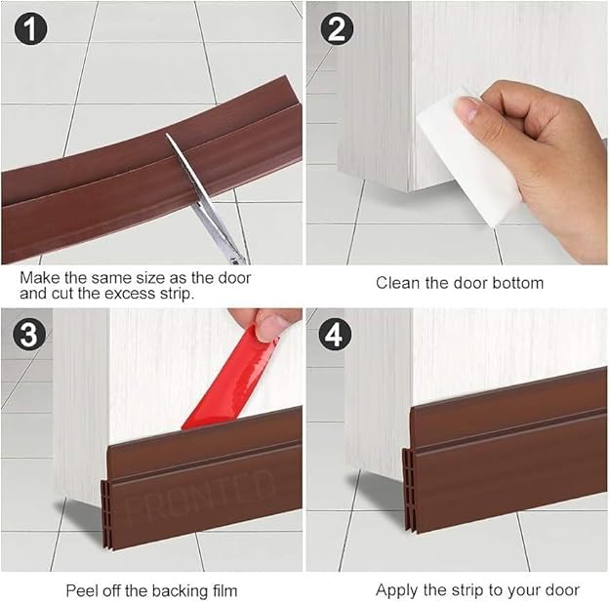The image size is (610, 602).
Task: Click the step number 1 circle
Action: tap(30, 28)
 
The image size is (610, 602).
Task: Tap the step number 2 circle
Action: tap(337, 28)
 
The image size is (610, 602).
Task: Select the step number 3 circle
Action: tap(28, 335)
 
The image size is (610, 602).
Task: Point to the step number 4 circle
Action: tap(335, 335)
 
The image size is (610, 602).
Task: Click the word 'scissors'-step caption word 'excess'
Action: tap(131, 294)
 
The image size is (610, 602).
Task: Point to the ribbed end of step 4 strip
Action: tap(408, 491)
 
